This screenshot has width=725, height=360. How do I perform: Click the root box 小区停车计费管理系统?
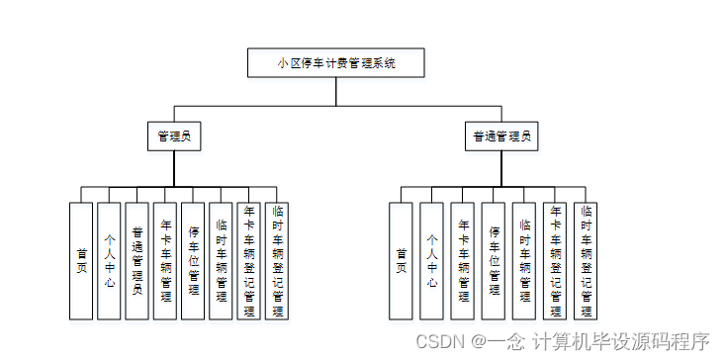click(336, 63)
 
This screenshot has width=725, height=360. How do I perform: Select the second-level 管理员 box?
click(174, 136)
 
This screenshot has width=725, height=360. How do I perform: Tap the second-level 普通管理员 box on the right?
click(501, 136)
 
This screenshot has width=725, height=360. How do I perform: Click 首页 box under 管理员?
click(81, 261)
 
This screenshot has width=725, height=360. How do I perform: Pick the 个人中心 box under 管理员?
click(109, 261)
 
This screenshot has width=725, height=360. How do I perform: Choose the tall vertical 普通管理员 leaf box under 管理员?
click(137, 261)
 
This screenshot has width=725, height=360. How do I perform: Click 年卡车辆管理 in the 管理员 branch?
click(165, 261)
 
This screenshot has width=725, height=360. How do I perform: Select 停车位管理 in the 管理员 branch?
click(194, 261)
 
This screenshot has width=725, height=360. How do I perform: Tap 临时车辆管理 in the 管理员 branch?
click(222, 261)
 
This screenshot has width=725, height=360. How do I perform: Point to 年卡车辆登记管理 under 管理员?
click(249, 261)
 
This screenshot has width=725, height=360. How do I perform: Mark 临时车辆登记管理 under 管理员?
click(277, 261)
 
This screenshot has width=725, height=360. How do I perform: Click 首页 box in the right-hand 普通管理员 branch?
click(401, 261)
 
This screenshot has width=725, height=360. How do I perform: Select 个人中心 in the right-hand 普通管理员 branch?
click(431, 261)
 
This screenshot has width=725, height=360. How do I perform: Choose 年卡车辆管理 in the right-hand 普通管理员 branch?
click(462, 261)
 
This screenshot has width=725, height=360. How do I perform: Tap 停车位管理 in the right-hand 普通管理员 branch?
click(494, 261)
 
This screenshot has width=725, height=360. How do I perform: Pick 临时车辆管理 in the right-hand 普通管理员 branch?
click(524, 261)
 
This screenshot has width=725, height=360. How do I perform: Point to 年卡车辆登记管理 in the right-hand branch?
click(555, 261)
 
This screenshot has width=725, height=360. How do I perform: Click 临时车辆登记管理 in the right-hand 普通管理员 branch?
click(587, 261)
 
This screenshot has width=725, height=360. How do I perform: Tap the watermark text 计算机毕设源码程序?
click(622, 341)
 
